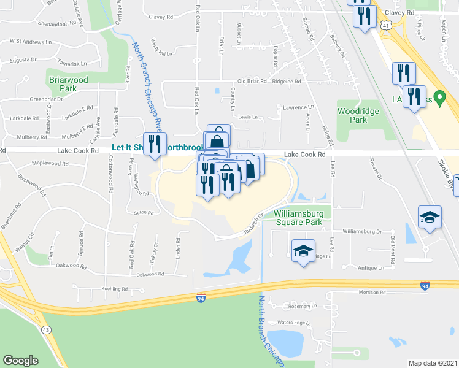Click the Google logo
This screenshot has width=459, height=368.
20,361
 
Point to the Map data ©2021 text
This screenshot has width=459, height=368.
433,363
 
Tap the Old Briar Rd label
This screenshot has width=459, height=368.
252,81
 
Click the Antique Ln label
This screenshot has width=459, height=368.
371,268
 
